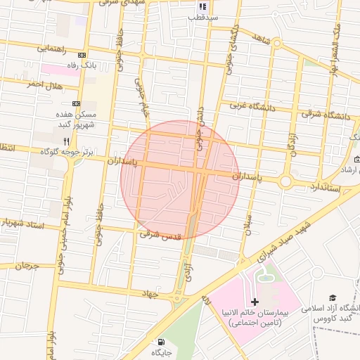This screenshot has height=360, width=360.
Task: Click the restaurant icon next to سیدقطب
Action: [202, 6]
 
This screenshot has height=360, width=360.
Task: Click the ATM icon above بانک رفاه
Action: [82, 55]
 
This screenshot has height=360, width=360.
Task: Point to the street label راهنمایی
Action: [54, 49]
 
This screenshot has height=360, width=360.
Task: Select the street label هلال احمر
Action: [45, 84]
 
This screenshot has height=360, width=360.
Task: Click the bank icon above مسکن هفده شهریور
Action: [76, 103]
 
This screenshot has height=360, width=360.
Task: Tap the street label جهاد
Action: [151, 292]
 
